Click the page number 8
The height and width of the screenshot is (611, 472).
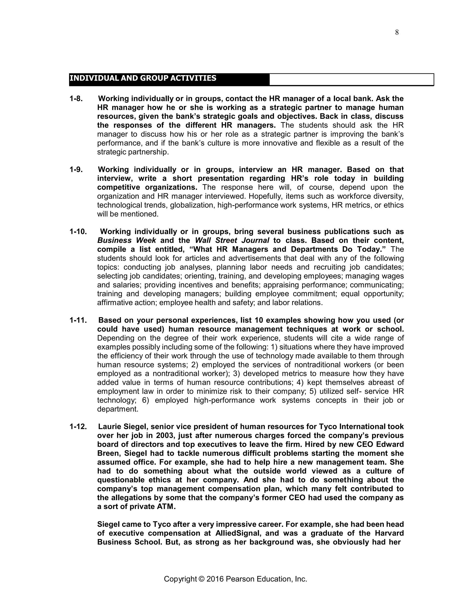coord(397,33)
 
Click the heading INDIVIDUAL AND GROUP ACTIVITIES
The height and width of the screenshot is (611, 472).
coord(143,78)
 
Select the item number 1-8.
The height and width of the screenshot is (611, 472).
coord(76,99)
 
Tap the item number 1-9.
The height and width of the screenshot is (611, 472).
coord(76,169)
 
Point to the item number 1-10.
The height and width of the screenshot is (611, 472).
coord(78,232)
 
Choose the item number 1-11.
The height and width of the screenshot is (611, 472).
coord(78,320)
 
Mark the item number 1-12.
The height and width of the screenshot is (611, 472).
coord(78,427)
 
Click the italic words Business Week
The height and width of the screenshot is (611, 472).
coord(126,240)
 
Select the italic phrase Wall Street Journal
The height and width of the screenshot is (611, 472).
coord(232,240)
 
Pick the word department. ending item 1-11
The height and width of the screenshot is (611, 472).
coord(118,409)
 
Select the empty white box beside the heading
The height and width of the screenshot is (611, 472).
coord(351,80)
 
